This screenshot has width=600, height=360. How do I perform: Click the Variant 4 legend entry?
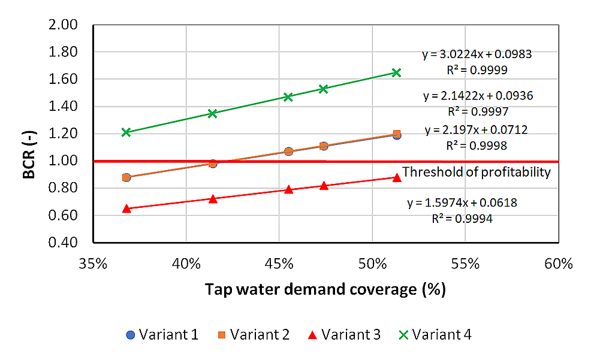pos(436,334)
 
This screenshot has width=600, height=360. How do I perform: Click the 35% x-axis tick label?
pos(94,264)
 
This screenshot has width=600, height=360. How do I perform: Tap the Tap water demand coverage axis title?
pos(325,290)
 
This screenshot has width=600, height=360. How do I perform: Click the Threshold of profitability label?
pos(477,173)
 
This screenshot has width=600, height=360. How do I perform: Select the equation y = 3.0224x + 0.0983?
pos(477,55)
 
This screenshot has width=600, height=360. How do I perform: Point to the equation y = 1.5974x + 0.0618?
pos(462,203)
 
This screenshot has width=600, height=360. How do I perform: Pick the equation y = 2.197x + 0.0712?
pos(476,129)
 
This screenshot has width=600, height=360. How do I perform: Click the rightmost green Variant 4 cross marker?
pos(396,72)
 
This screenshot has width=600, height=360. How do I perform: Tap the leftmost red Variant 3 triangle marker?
pos(126,208)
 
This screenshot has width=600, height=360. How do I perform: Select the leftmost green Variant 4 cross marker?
pos(126,132)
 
